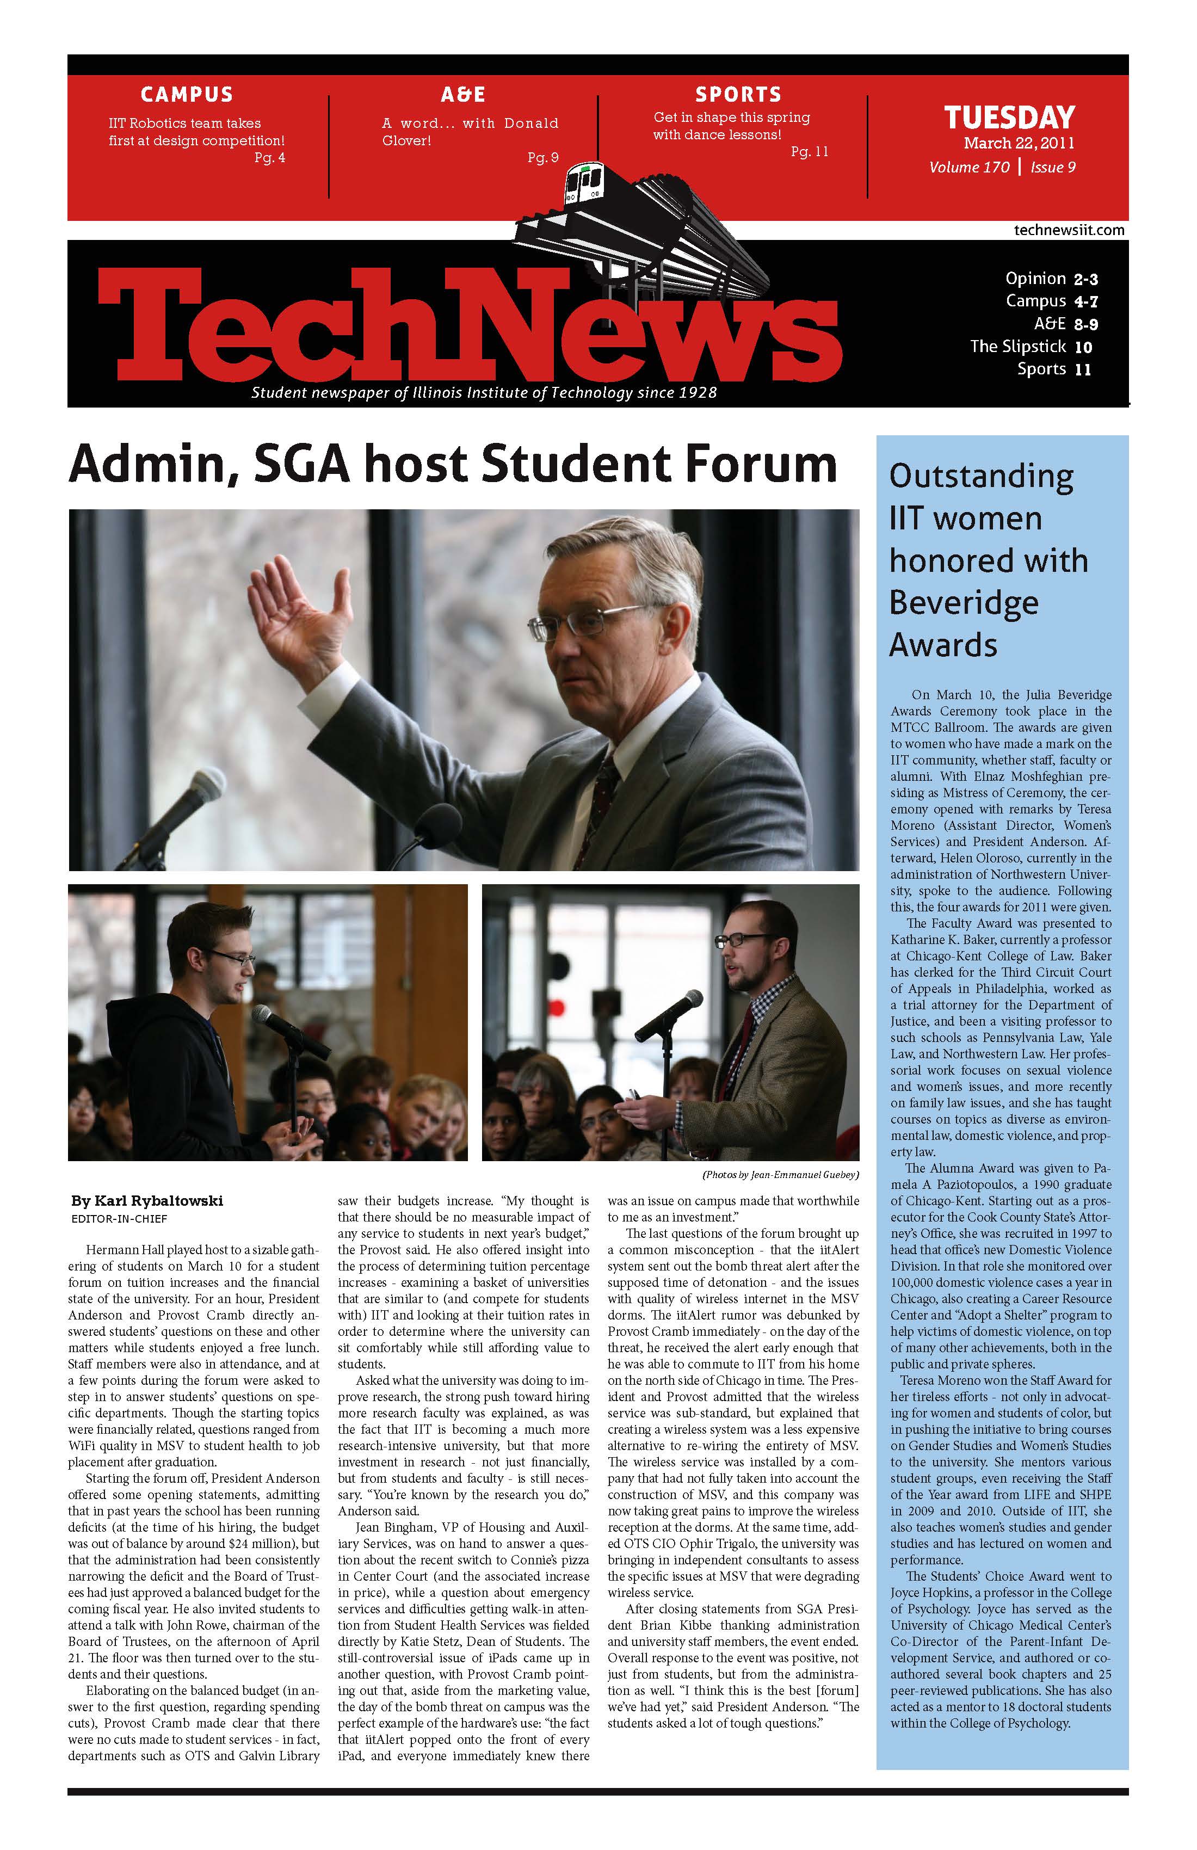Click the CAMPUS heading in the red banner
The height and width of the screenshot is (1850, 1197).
pos(187,95)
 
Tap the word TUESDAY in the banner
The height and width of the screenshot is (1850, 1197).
pos(1009,118)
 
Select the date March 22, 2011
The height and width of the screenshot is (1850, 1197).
pos(1019,143)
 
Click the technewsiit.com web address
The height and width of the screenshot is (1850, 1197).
pos(1069,230)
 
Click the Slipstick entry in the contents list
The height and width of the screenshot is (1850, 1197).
pos(1031,347)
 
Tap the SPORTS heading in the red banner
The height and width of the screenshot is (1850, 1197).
pos(738,95)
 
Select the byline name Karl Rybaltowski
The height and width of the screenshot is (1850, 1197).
pos(147,1201)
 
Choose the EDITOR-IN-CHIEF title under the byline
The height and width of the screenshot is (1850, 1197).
pos(119,1219)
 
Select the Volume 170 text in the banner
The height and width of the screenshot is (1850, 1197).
pos(968,167)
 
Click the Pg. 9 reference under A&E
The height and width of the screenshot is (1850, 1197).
pos(542,158)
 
